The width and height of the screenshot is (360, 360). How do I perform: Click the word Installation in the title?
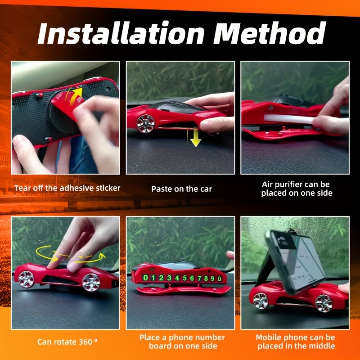121,33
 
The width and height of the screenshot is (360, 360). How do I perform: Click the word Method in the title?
269,33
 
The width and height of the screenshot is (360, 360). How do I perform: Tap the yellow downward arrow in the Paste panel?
195,137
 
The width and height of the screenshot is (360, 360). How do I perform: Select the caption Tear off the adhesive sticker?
67,188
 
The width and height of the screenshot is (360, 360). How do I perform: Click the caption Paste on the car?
182,189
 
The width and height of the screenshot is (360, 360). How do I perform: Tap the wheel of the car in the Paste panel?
145,123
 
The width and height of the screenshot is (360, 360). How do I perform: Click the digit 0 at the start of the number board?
145,278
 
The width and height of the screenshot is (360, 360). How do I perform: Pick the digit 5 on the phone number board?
185,278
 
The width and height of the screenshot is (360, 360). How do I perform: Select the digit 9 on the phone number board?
212,279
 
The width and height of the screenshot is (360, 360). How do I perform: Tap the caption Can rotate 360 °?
67,342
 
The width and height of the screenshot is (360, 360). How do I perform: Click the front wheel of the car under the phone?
261,301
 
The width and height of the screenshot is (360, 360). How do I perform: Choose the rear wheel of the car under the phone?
324,303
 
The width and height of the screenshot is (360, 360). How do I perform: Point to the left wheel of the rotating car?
26,279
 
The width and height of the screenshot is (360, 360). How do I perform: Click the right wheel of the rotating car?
91,283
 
